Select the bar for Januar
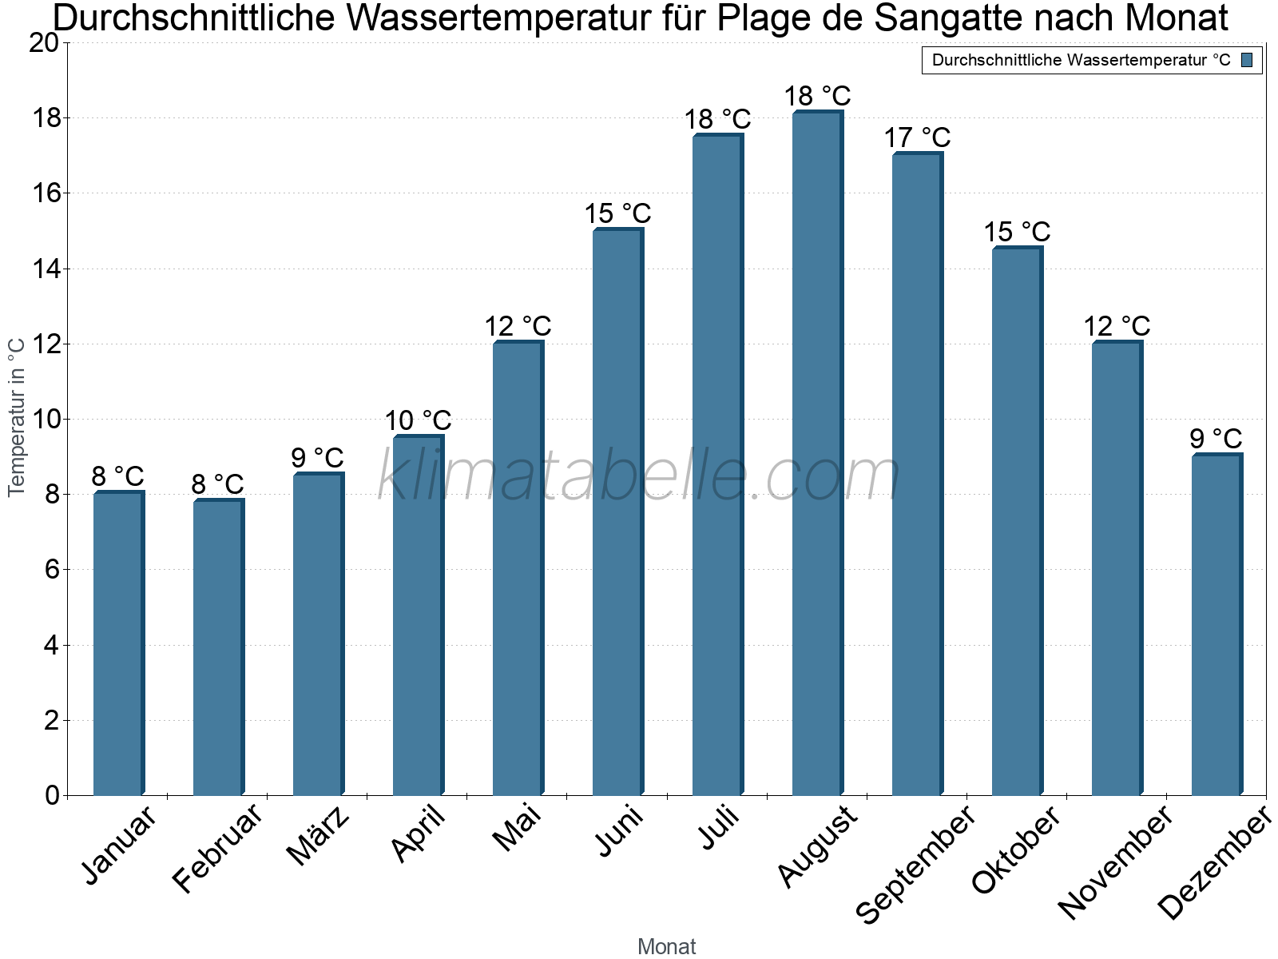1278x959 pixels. [x=118, y=643]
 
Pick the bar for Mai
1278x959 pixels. [x=518, y=568]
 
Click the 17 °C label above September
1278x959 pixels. [x=917, y=137]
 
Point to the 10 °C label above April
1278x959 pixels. [x=418, y=420]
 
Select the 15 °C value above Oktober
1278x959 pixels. [x=1017, y=232]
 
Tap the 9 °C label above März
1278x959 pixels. [x=317, y=458]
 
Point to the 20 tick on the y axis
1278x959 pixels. [x=44, y=43]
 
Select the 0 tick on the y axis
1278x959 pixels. [x=52, y=795]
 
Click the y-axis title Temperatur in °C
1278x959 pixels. [x=16, y=417]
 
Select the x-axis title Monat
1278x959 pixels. [x=666, y=946]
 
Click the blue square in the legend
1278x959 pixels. [x=1247, y=60]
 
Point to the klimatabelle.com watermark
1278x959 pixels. [x=639, y=476]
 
